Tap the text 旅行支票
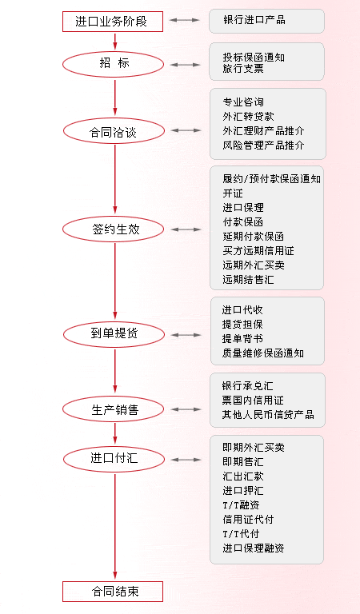(243, 69)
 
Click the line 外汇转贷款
(248, 117)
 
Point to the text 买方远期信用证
(258, 251)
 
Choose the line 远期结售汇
(248, 280)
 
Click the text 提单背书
(242, 339)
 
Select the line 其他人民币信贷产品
(268, 415)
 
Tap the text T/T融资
(241, 505)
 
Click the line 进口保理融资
(254, 548)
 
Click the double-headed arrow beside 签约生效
(186, 229)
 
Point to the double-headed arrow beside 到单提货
(186, 335)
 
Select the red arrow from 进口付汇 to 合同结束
(114, 527)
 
